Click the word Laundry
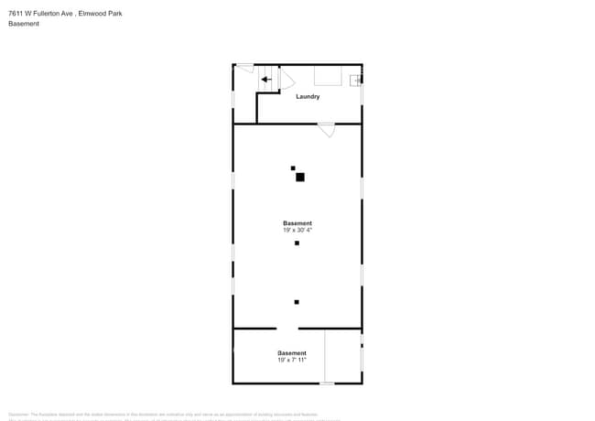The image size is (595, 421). pos(308,96)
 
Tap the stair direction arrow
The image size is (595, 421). pos(265,80)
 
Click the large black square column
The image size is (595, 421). pos(299,177)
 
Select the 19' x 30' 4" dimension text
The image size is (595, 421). pos(297,231)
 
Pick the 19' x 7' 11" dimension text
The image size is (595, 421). pos(292,360)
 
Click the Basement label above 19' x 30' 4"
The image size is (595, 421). pos(297,223)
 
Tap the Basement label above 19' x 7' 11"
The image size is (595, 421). pos(292,353)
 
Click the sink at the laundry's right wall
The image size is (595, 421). pos(354,80)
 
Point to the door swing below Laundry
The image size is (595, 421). pos(327,130)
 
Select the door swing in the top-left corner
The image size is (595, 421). pos(244,68)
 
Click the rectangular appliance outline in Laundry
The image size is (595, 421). pos(328,75)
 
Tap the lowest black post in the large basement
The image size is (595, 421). pos(297,302)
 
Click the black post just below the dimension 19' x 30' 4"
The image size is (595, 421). pos(297,243)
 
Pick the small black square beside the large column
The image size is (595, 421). pos(293,167)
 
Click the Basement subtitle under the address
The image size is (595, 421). pos(23,24)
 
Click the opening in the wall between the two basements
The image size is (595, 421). pos(287,328)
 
